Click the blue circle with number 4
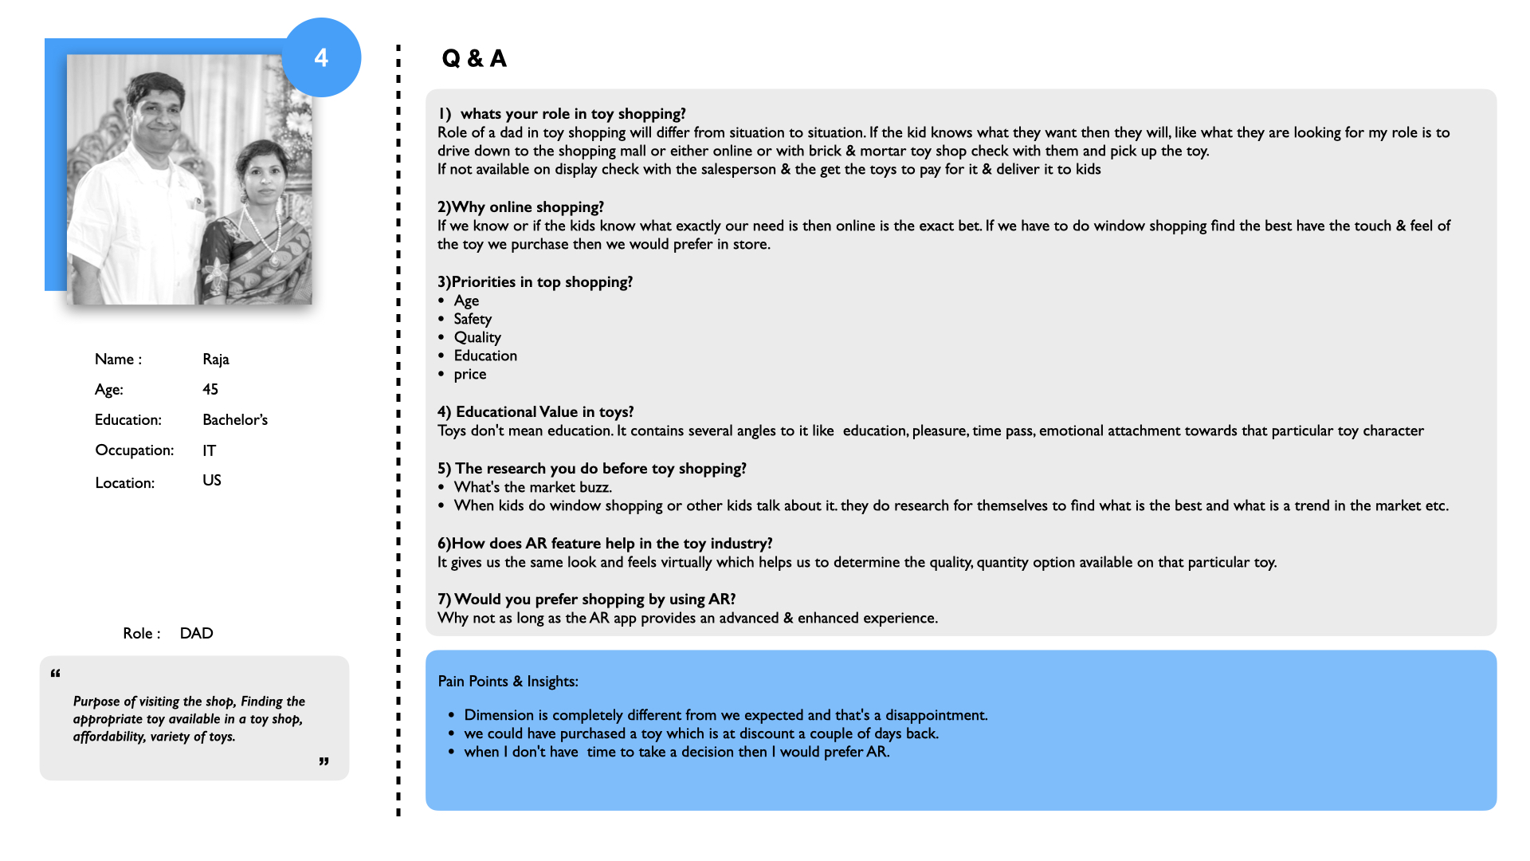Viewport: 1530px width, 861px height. (321, 57)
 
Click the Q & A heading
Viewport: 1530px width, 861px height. (474, 58)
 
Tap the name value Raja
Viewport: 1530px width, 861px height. (215, 360)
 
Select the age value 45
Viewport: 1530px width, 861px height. (210, 390)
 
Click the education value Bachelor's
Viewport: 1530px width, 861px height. (234, 420)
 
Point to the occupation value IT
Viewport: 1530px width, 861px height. (209, 451)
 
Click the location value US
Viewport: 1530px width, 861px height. (211, 481)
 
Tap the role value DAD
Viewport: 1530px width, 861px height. (196, 634)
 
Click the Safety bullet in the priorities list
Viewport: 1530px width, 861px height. (473, 319)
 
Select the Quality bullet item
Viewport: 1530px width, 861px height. (477, 337)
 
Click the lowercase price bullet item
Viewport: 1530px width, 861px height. (469, 374)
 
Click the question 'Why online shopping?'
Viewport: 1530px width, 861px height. (520, 207)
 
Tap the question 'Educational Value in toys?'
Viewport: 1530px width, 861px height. (535, 412)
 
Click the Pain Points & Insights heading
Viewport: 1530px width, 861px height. (508, 682)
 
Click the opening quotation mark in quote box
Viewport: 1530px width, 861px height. (56, 674)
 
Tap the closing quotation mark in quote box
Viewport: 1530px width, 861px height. (324, 762)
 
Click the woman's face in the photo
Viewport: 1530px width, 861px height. (262, 174)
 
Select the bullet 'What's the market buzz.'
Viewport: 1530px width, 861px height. (532, 487)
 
